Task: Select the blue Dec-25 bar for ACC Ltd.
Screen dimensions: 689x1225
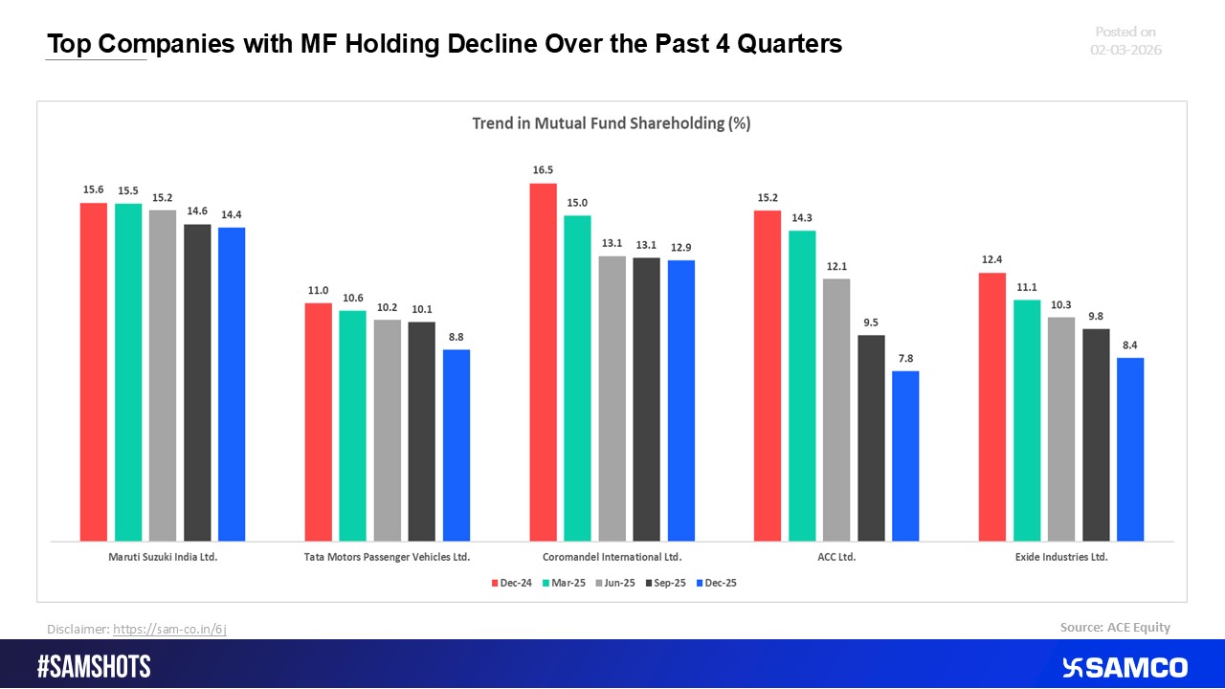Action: (905, 456)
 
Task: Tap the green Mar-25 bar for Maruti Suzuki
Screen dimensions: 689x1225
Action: (128, 372)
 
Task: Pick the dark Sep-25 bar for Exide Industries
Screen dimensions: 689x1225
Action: (1096, 434)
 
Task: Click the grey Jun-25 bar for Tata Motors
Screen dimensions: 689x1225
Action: (388, 430)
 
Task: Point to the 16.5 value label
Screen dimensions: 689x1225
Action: (544, 170)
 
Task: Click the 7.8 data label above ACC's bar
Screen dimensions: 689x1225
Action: (905, 359)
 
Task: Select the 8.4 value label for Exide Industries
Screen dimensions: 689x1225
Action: (1130, 345)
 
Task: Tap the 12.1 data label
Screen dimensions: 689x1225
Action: (836, 266)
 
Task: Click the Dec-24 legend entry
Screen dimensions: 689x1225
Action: (512, 583)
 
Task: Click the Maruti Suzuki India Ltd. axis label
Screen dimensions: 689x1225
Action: (163, 556)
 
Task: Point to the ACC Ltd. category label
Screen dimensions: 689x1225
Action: (836, 556)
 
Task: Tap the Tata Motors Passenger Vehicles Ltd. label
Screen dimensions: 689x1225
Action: (388, 556)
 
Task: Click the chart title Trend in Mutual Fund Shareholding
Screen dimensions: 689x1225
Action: (612, 123)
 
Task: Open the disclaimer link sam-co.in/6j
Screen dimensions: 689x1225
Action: (169, 629)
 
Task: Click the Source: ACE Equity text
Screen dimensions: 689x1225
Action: (1115, 628)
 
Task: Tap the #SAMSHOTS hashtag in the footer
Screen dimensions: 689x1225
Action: (94, 667)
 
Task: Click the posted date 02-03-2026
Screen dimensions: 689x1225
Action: (1125, 50)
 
